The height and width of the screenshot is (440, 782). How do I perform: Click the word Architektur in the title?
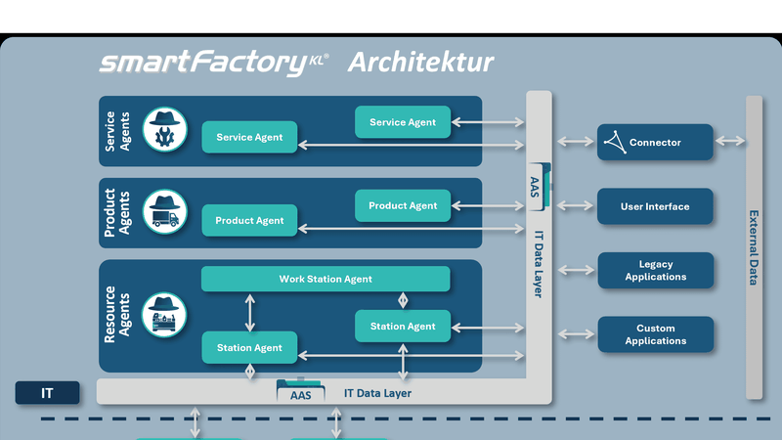tap(420, 64)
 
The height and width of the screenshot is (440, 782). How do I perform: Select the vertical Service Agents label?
tap(117, 130)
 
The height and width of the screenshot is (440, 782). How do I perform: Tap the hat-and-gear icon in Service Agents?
tap(164, 129)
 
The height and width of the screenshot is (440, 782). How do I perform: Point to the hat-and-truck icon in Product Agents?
tap(164, 211)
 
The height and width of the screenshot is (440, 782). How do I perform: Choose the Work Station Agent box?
tap(326, 279)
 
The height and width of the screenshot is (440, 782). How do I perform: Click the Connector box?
tap(655, 143)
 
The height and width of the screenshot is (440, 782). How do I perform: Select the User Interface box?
tap(655, 206)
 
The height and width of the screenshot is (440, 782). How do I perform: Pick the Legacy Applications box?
tap(655, 271)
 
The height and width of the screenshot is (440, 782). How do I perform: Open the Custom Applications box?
tap(655, 334)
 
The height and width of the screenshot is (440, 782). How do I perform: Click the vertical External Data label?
tap(754, 247)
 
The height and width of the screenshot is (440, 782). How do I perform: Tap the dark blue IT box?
tap(47, 394)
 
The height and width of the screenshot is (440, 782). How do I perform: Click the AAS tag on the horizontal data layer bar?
tap(300, 394)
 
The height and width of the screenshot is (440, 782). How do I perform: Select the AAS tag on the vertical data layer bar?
tap(535, 185)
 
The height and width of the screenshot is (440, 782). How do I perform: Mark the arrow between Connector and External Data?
tap(729, 142)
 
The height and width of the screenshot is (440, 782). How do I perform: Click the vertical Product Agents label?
tap(117, 212)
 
